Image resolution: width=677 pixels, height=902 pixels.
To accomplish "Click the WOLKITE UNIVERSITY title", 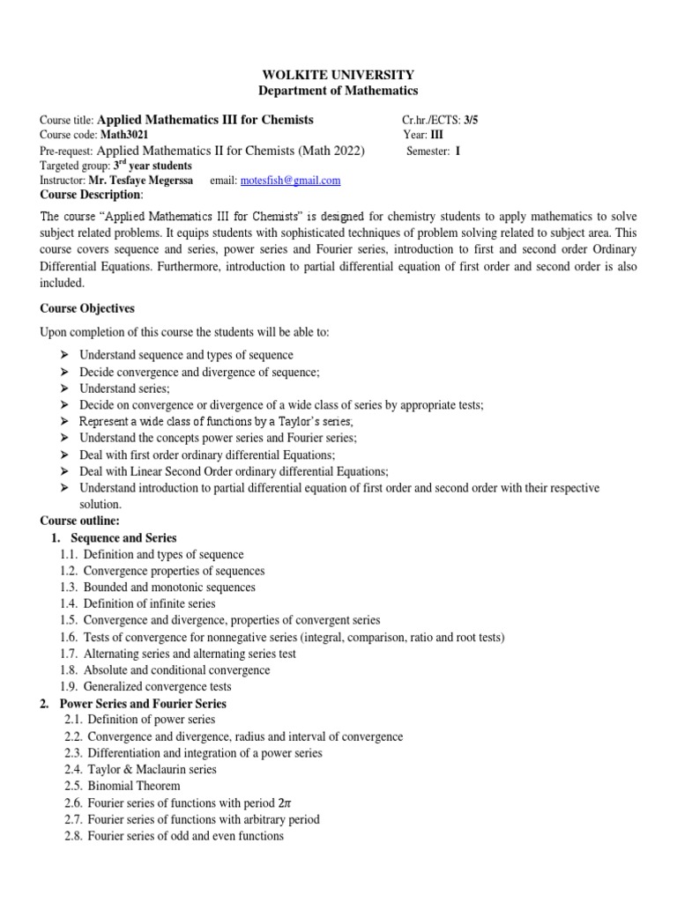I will click(338, 75).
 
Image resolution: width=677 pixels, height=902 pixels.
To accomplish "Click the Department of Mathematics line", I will click(338, 91).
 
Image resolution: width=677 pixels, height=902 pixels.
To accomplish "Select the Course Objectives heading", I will click(87, 308).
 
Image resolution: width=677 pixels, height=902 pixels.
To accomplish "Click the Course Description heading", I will click(91, 194).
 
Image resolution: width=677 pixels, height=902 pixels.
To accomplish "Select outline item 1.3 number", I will click(69, 588).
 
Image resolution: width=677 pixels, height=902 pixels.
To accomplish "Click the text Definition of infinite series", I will click(150, 604).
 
